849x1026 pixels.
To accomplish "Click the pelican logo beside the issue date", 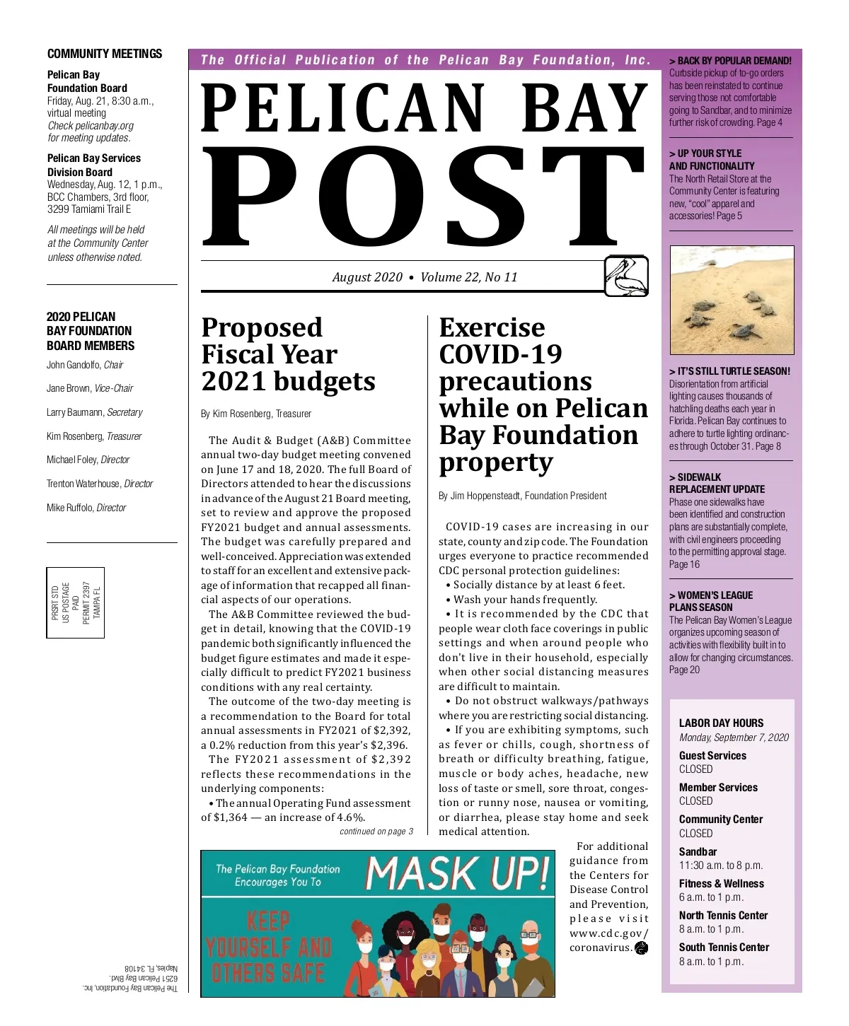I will click(627, 276).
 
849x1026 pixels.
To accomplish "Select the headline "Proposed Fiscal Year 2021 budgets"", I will click(289, 354).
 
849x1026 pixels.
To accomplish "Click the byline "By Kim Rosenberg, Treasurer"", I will click(256, 414).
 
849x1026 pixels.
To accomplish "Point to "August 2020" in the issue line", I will click(367, 277).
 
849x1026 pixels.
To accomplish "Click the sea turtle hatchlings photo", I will click(732, 300).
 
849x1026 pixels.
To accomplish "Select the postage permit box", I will click(76, 602).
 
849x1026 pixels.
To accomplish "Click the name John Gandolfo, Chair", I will click(85, 365).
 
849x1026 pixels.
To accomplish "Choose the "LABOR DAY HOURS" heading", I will click(721, 723).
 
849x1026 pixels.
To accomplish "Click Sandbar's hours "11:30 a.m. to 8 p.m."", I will click(721, 865).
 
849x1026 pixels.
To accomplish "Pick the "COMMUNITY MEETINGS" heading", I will click(105, 54).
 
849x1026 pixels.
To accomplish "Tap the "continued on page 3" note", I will click(376, 832).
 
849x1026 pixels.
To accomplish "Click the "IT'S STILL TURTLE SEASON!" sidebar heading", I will click(729, 371).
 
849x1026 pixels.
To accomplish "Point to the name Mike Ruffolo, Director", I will click(86, 508).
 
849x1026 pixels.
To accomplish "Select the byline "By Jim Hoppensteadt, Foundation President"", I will click(522, 496).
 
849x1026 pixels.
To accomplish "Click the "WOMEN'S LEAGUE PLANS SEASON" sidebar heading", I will click(711, 601).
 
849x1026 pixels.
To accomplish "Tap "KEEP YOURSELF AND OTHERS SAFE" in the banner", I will click(269, 948).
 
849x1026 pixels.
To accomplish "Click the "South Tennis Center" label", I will click(724, 948).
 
